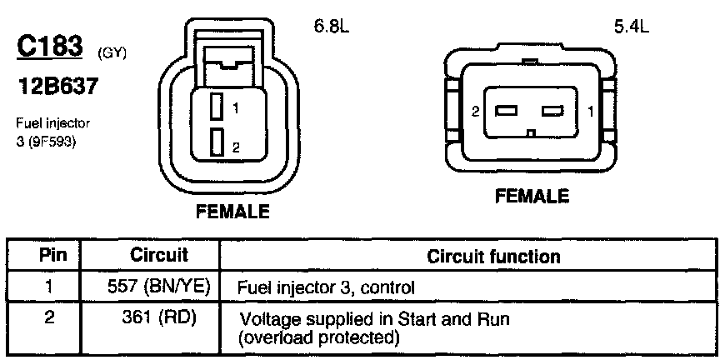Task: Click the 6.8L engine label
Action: pyautogui.click(x=331, y=26)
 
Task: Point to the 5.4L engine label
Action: pyautogui.click(x=631, y=26)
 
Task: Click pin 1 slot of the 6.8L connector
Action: pyautogui.click(x=216, y=107)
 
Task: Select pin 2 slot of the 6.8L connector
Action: pyautogui.click(x=216, y=142)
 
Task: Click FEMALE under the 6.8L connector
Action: pyautogui.click(x=233, y=212)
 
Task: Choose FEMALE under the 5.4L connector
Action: pyautogui.click(x=532, y=197)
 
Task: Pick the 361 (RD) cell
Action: pyautogui.click(x=159, y=317)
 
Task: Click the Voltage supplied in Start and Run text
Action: pyautogui.click(x=374, y=319)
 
